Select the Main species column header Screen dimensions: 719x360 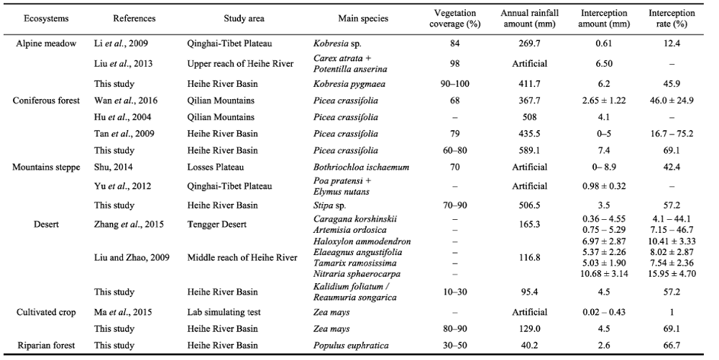(x=363, y=19)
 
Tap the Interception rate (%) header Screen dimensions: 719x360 (x=672, y=18)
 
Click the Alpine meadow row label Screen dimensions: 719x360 (x=46, y=44)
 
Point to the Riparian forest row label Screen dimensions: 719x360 (x=46, y=346)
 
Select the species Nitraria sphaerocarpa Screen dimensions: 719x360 (x=357, y=274)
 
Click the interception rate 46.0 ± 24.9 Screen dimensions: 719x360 (x=672, y=101)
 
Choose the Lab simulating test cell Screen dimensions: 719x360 (x=224, y=313)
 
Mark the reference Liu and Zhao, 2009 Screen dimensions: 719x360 (x=132, y=257)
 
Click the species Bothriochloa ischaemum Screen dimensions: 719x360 (x=362, y=167)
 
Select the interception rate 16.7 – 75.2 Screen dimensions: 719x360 (x=672, y=134)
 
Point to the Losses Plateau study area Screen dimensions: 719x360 (x=216, y=167)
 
